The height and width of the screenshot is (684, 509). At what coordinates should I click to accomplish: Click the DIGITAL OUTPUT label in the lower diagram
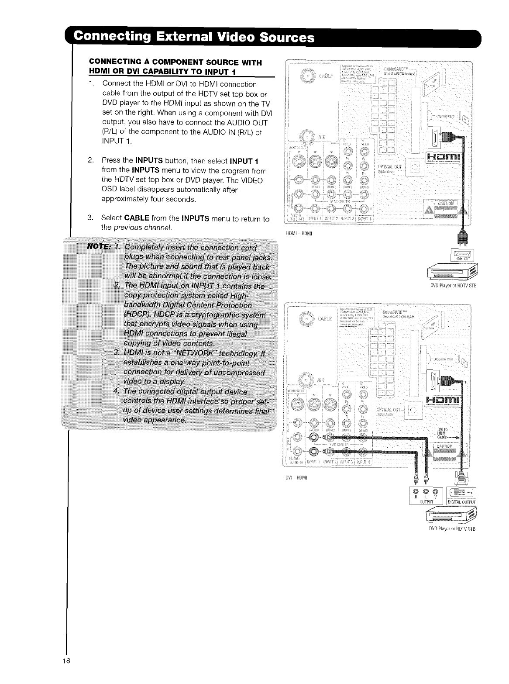pyautogui.click(x=461, y=501)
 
